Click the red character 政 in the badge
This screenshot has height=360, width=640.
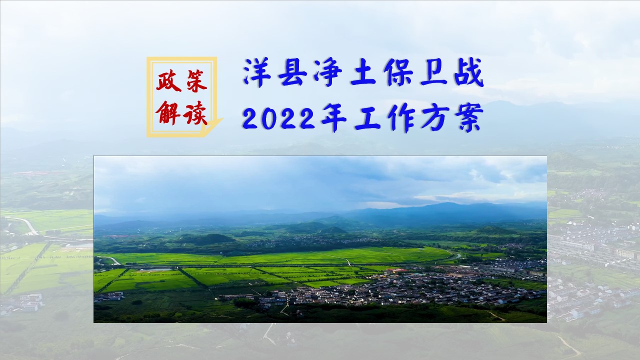pyautogui.click(x=168, y=80)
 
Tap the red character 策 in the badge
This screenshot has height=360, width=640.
pyautogui.click(x=196, y=80)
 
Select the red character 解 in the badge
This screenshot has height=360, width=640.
pyautogui.click(x=168, y=112)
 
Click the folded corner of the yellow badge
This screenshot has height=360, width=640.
pyautogui.click(x=212, y=126)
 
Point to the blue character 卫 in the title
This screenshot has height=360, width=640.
pyautogui.click(x=434, y=72)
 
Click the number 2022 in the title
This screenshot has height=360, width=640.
pyautogui.click(x=279, y=119)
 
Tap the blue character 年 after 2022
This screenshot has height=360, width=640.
pyautogui.click(x=334, y=117)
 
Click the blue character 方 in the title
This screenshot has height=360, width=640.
pyautogui.click(x=434, y=117)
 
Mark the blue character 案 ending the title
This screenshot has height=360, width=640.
pyautogui.click(x=469, y=117)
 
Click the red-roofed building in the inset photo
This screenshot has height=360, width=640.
pyautogui.click(x=397, y=270)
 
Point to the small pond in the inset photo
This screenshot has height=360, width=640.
pyautogui.click(x=154, y=269)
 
